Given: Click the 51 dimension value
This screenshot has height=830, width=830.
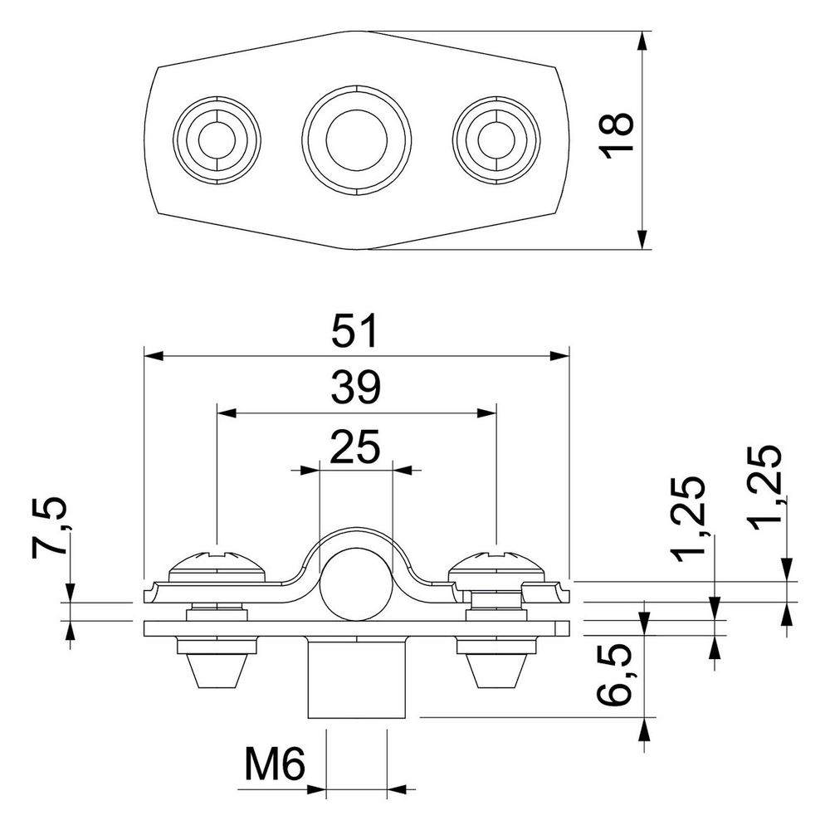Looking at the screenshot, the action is tap(356, 331).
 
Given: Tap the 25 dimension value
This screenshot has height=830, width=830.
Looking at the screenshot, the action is tap(355, 446).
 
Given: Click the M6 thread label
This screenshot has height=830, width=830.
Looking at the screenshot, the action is tap(275, 764).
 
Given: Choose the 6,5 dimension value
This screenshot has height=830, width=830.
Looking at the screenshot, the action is tap(614, 674).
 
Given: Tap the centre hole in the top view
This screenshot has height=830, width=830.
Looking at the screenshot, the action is tap(356, 140).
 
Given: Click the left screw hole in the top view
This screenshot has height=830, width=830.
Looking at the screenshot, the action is tap(217, 140).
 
